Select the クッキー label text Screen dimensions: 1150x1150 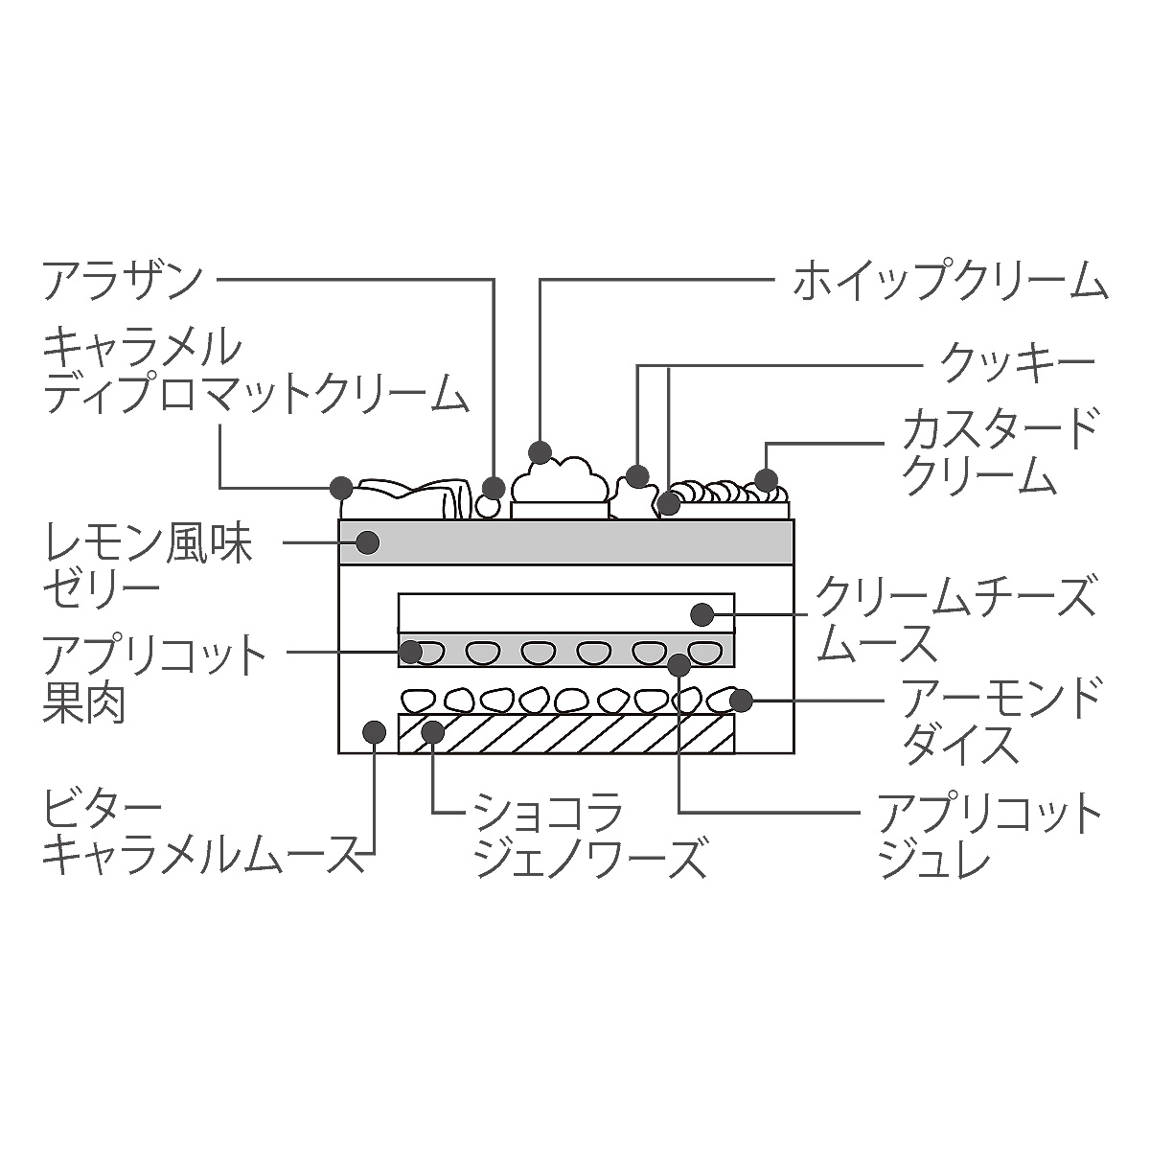click(1017, 362)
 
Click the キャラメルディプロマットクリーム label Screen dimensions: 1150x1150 click(256, 372)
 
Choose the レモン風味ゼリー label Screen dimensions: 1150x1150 click(148, 565)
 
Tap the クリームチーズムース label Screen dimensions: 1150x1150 click(954, 618)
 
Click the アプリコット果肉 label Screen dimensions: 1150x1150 click(154, 679)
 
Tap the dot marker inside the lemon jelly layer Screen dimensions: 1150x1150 click(368, 541)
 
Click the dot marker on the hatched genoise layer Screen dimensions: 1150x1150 click(432, 731)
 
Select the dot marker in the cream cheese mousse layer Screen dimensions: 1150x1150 click(701, 614)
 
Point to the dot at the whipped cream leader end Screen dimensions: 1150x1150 click(540, 452)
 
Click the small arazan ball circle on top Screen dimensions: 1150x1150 click(489, 508)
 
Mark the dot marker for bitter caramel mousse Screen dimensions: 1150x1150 click(374, 731)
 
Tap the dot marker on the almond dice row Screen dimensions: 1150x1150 click(741, 701)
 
